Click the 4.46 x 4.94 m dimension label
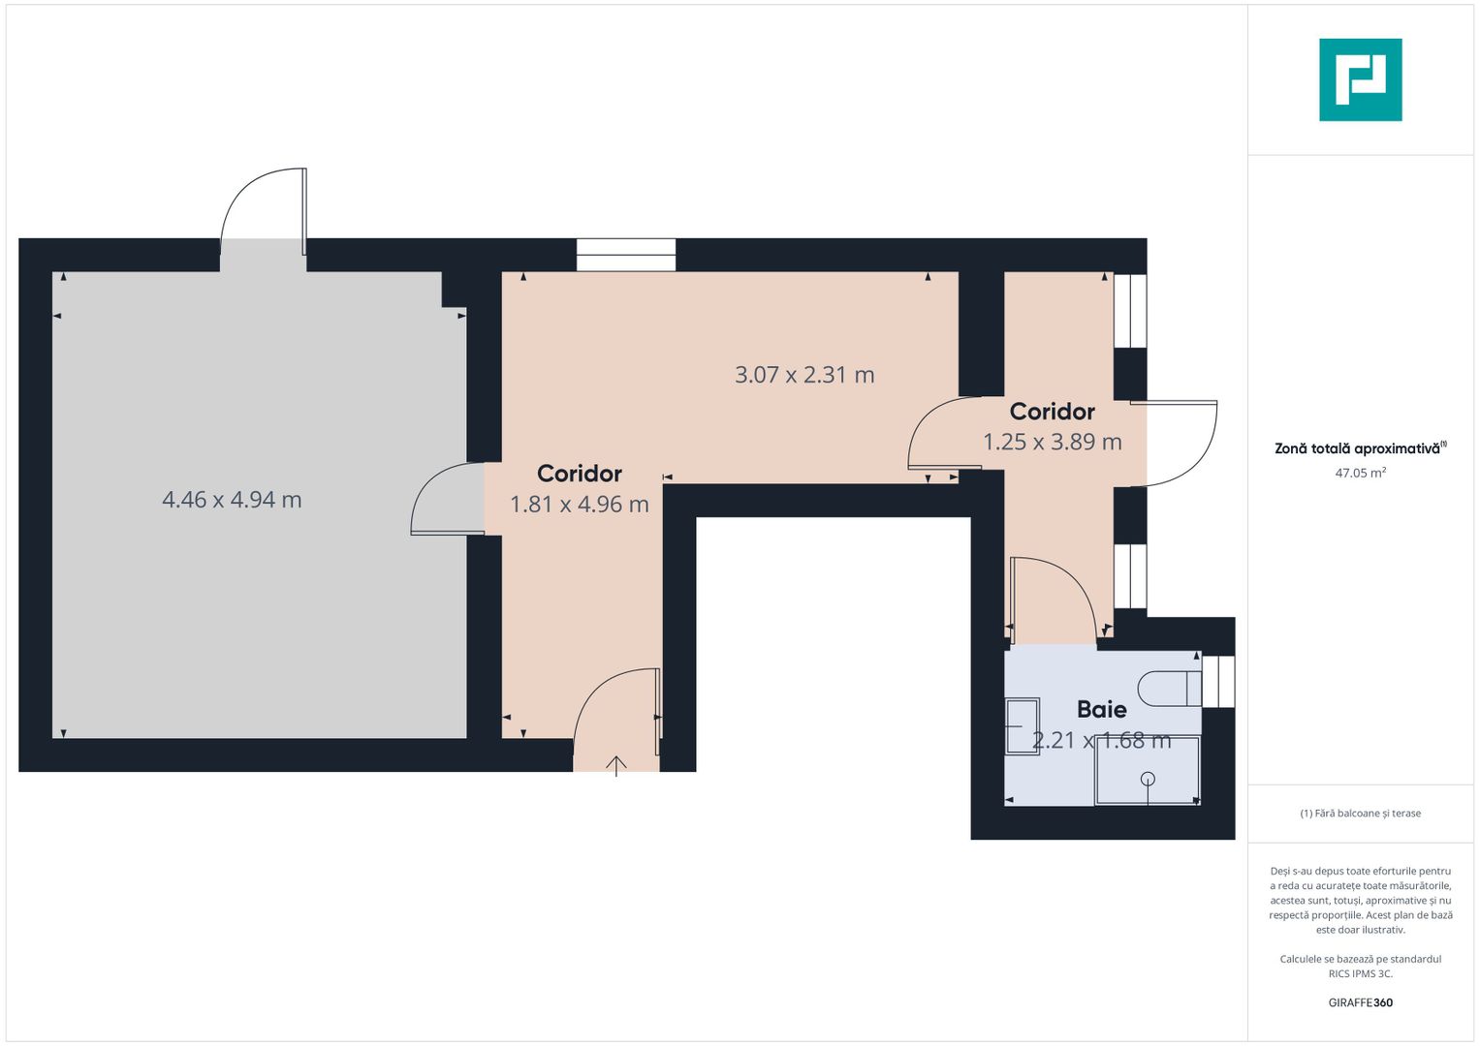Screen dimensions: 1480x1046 [x=232, y=500]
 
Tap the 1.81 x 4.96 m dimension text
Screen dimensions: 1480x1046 [x=580, y=505]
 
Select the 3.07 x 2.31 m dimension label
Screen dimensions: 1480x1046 [x=804, y=375]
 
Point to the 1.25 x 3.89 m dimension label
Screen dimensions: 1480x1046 [x=1053, y=442]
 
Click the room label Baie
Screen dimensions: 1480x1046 [x=1101, y=709]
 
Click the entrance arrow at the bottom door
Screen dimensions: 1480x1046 [x=616, y=766]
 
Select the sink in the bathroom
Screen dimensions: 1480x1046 [x=1023, y=726]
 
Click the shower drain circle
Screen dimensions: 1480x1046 [x=1148, y=779]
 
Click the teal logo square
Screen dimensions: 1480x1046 [x=1361, y=79]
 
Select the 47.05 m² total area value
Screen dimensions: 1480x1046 [x=1361, y=473]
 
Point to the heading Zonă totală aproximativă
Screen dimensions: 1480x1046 [x=1361, y=448]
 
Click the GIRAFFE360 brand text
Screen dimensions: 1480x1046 [x=1361, y=1002]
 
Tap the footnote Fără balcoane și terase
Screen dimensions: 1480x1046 [x=1361, y=814]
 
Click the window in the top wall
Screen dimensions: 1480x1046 [x=626, y=255]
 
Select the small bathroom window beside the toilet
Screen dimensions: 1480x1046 [x=1217, y=682]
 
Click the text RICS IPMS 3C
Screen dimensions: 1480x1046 [x=1361, y=973]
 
